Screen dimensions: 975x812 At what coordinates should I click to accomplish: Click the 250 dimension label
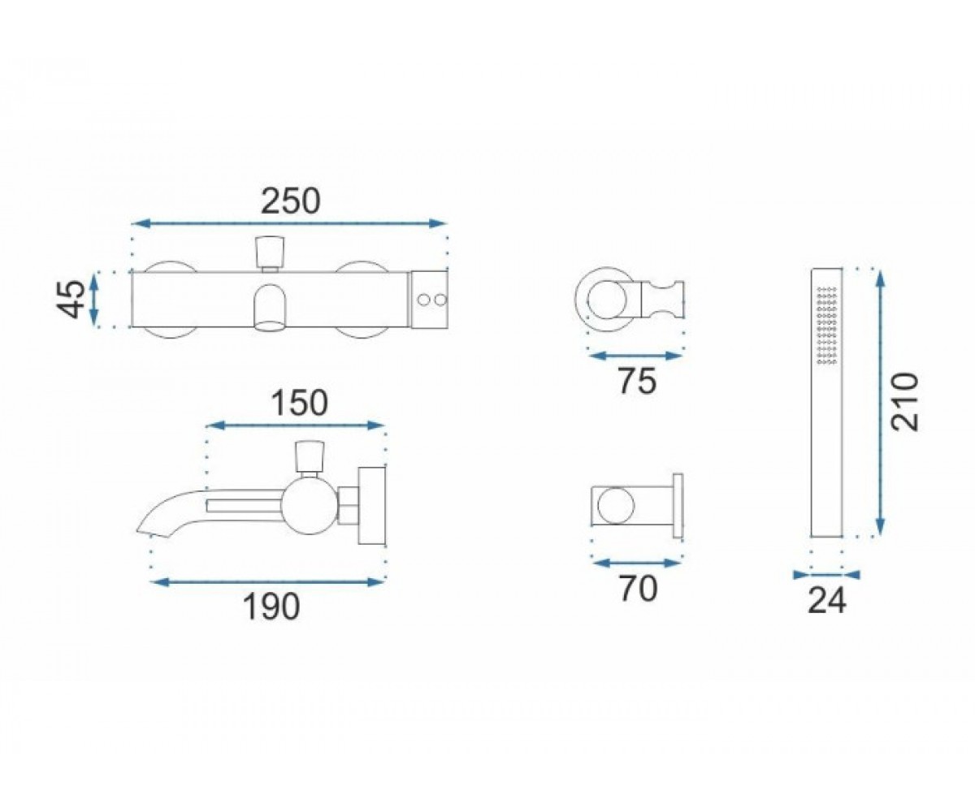(290, 201)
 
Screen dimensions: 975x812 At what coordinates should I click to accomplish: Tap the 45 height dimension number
(71, 300)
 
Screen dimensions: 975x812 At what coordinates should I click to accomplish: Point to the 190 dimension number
(271, 607)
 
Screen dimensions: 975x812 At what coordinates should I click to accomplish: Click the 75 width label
(637, 381)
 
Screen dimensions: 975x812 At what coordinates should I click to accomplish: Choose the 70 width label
(639, 589)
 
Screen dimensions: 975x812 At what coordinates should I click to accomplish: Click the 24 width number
(827, 601)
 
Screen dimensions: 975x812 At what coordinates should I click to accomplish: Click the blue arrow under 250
(289, 223)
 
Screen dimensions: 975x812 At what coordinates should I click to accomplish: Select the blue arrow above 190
(268, 582)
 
